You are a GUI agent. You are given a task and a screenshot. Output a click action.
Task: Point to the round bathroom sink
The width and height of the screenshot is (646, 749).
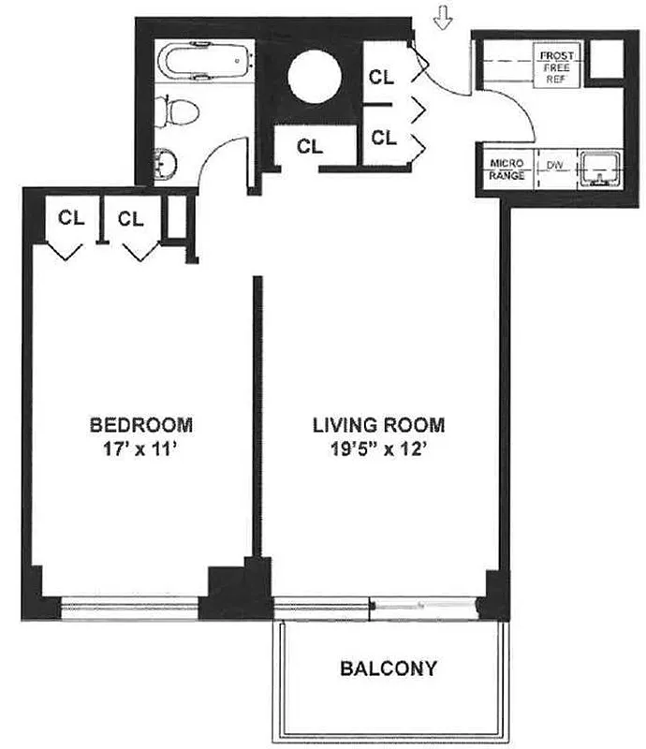[166, 164]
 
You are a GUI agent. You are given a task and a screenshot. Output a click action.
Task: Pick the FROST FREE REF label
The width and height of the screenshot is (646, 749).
[556, 68]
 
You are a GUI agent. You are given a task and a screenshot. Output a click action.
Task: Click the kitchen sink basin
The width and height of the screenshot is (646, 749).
[595, 168]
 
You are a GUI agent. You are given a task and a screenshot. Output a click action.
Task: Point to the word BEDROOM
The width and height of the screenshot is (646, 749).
[141, 425]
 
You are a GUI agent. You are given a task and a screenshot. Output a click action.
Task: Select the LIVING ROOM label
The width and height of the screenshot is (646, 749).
[378, 425]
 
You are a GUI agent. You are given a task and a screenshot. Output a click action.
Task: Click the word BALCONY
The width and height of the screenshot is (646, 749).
[388, 668]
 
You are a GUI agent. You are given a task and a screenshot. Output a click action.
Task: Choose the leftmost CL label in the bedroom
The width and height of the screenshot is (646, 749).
[72, 218]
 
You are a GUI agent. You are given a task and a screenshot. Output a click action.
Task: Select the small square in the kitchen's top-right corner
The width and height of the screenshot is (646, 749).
[605, 61]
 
